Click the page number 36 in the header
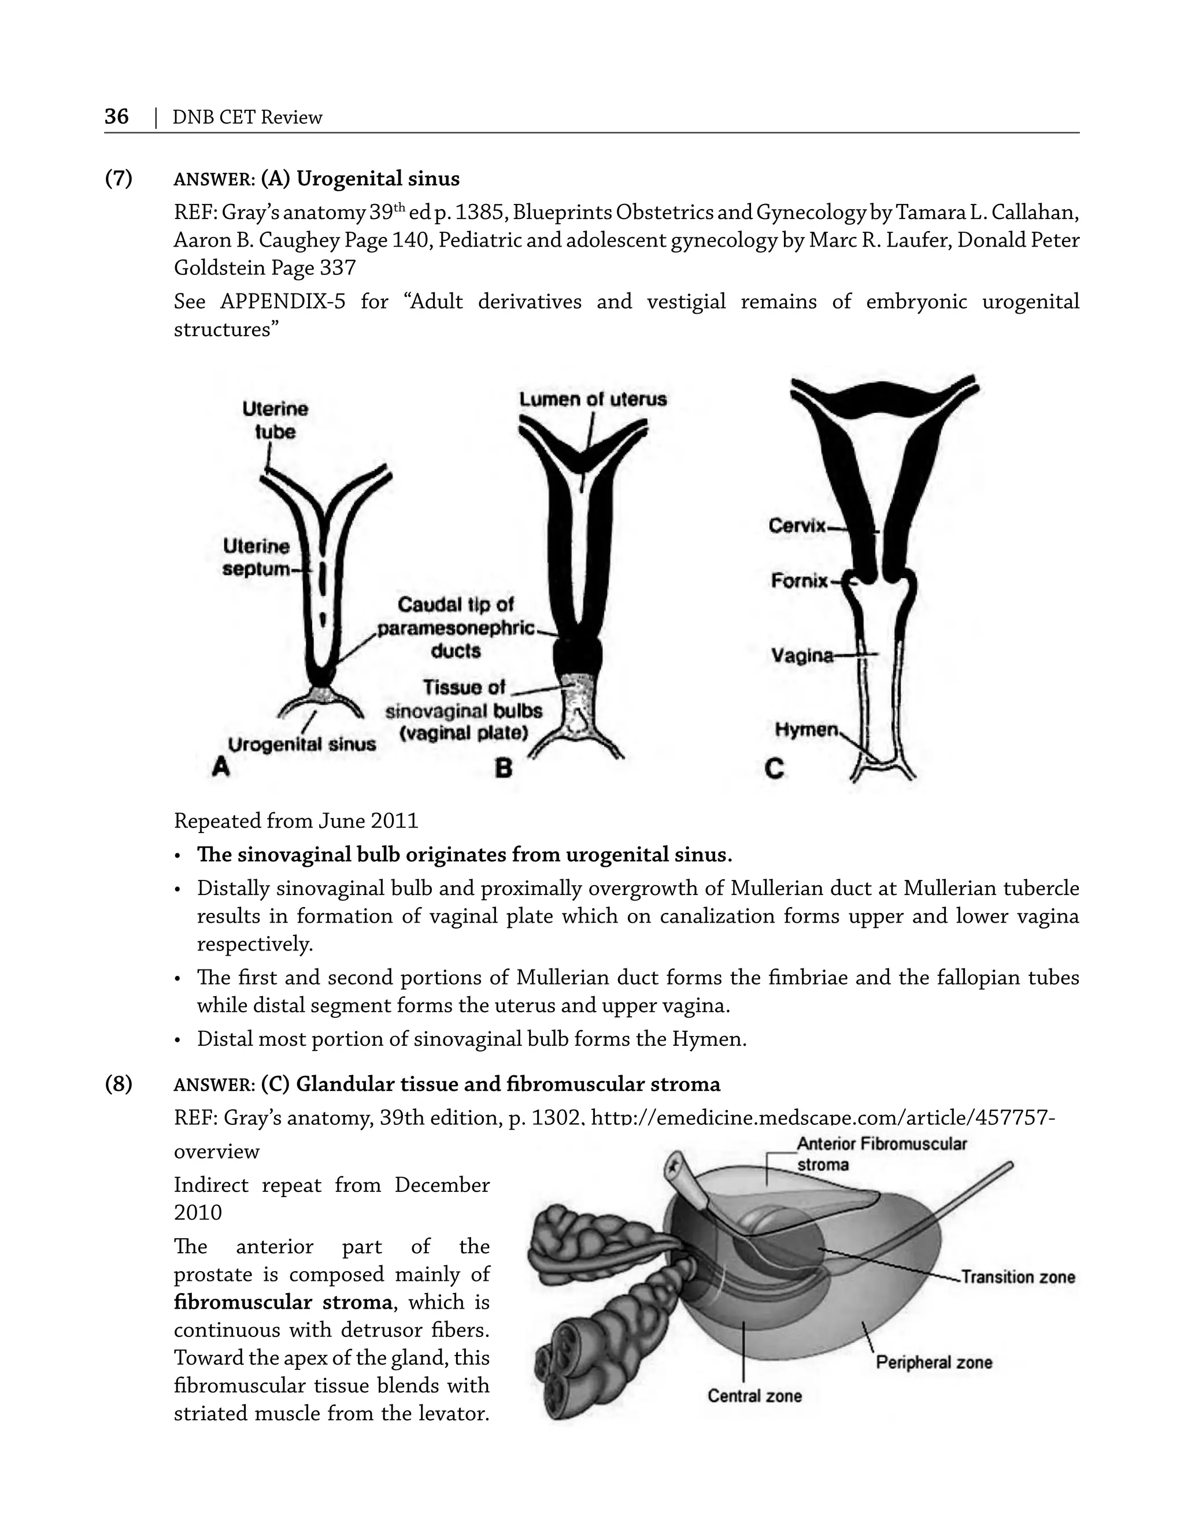click(x=117, y=116)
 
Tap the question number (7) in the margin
click(x=119, y=179)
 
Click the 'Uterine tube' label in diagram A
click(x=275, y=420)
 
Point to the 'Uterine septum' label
click(x=257, y=557)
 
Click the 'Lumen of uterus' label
click(x=593, y=399)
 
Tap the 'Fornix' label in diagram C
click(x=800, y=581)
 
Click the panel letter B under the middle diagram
click(x=503, y=768)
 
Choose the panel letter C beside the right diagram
click(x=774, y=769)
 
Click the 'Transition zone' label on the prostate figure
click(x=1017, y=1276)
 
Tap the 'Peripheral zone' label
click(x=933, y=1362)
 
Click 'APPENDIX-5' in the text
click(x=283, y=302)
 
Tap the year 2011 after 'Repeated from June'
click(x=397, y=820)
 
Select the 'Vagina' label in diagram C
click(x=802, y=655)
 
